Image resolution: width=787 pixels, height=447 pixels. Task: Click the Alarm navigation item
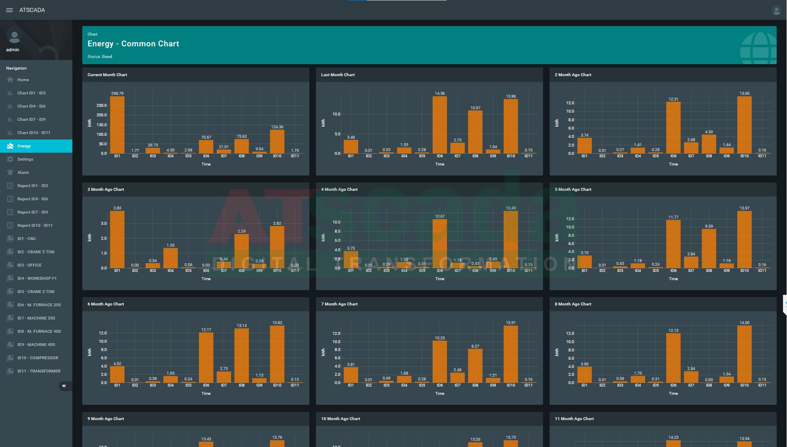[x=23, y=173]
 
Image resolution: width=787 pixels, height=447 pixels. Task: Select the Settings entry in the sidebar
[x=25, y=159]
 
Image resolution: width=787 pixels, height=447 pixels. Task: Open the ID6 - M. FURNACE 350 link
[x=39, y=305]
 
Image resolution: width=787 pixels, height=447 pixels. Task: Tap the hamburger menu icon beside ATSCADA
[x=10, y=10]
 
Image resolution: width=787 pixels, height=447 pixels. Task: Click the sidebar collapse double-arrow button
[x=64, y=386]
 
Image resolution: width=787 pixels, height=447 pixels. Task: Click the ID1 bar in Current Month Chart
[x=117, y=125]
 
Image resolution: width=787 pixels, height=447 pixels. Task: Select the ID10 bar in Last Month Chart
[x=511, y=126]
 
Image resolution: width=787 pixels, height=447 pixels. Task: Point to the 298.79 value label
[x=117, y=94]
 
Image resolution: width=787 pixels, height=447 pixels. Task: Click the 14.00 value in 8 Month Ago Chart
[x=744, y=323]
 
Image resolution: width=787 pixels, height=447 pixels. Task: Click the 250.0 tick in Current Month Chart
[x=102, y=106]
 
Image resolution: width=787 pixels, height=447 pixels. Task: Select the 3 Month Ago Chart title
[x=106, y=190]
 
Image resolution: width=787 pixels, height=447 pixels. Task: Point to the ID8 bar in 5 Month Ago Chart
[x=709, y=248]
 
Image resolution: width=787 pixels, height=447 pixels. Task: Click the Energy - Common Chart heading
[x=133, y=44]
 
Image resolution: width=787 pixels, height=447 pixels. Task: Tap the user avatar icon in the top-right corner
[x=776, y=10]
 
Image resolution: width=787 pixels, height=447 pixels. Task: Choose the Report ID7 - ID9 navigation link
[x=32, y=212]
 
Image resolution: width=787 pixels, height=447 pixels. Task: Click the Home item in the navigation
[x=23, y=80]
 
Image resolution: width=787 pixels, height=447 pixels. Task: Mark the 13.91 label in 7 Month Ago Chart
[x=511, y=323]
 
